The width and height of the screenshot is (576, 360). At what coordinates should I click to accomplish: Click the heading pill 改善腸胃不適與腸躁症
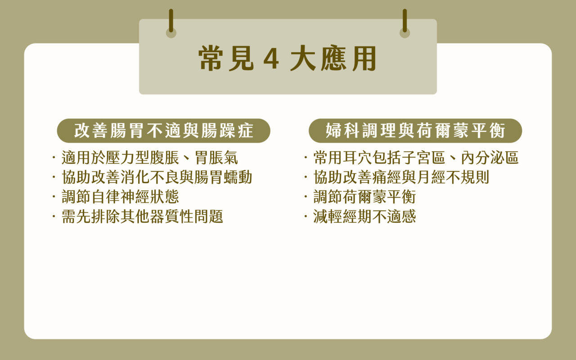click(163, 130)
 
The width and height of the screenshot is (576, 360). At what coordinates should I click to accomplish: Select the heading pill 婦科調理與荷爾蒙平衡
click(415, 130)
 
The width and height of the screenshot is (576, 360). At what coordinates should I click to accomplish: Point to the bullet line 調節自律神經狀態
click(120, 197)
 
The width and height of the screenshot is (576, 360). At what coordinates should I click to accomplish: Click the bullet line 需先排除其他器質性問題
click(143, 216)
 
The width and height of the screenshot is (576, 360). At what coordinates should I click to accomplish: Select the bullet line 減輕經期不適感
click(364, 216)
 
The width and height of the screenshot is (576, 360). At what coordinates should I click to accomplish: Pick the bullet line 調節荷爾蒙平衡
click(364, 197)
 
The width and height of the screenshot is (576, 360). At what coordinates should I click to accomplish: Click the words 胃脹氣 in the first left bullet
click(216, 157)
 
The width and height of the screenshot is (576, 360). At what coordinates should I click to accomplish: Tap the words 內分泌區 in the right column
click(490, 157)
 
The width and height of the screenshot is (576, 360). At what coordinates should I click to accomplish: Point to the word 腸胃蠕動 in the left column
click(223, 177)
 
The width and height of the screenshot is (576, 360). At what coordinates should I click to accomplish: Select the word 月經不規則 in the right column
click(453, 177)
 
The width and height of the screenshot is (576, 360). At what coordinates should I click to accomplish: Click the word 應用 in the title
click(349, 58)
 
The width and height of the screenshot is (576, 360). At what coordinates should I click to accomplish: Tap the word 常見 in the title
click(226, 58)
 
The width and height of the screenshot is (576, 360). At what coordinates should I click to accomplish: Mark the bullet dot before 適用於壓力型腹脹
click(54, 157)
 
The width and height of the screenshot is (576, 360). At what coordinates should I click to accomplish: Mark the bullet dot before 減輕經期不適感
click(306, 216)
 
